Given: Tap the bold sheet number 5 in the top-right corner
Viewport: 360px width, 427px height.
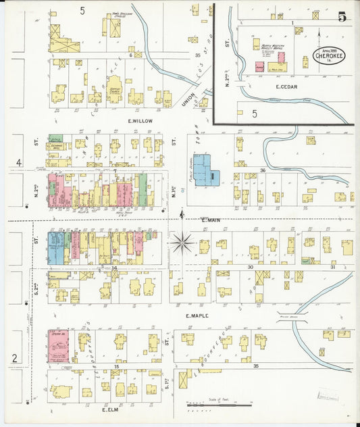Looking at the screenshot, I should pyautogui.click(x=342, y=17).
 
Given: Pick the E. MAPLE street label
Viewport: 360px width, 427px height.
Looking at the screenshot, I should pyautogui.click(x=201, y=314).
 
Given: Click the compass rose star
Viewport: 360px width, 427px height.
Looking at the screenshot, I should pyautogui.click(x=182, y=241).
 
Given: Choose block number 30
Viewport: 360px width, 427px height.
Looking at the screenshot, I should pyautogui.click(x=250, y=267).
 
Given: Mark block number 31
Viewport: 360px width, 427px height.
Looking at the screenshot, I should pyautogui.click(x=332, y=267).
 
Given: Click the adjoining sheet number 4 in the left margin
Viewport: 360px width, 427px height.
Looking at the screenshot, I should pyautogui.click(x=20, y=162).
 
